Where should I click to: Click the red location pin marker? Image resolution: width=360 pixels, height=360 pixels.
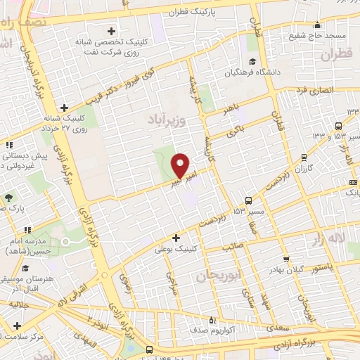point(181,165)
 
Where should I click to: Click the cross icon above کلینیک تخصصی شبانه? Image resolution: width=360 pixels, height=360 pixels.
point(112,31)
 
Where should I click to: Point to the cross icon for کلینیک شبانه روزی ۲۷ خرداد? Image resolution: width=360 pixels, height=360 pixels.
point(64,108)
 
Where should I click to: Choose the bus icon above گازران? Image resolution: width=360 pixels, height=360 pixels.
point(303,157)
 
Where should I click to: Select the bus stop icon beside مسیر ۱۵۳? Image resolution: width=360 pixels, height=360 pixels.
point(247,200)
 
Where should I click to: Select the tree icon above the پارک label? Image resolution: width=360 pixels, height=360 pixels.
point(8,196)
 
